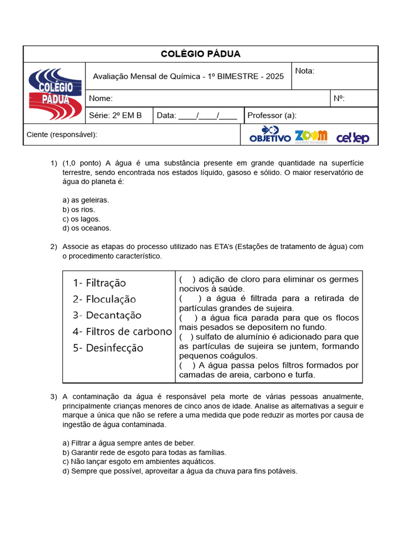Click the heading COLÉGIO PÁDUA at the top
pyautogui.click(x=200, y=54)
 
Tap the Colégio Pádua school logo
pyautogui.click(x=55, y=94)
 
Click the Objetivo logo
pyautogui.click(x=270, y=135)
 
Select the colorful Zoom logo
pyautogui.click(x=311, y=136)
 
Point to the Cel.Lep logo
pyautogui.click(x=353, y=138)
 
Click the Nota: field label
pyautogui.click(x=305, y=71)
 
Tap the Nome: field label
pyautogui.click(x=101, y=98)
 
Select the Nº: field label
pyautogui.click(x=339, y=98)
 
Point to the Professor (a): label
pyautogui.click(x=272, y=116)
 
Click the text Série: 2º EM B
pyautogui.click(x=115, y=116)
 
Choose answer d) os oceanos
pyautogui.click(x=87, y=228)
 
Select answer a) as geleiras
pyautogui.click(x=86, y=200)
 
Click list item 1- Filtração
pyautogui.click(x=100, y=283)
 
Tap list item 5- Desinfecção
pyautogui.click(x=108, y=348)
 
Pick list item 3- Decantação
pyautogui.click(x=107, y=315)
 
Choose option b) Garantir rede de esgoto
pyautogui.click(x=144, y=452)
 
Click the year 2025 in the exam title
pyautogui.click(x=274, y=76)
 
